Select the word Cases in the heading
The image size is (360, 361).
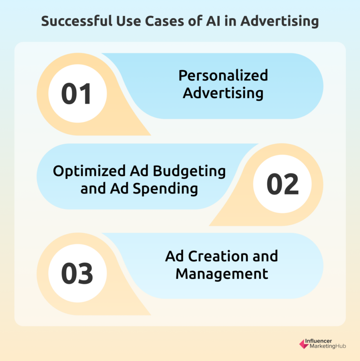164,21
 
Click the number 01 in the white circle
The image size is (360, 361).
76,94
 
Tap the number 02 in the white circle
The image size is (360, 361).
283,184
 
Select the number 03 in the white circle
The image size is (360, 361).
77,273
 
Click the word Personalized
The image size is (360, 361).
223,75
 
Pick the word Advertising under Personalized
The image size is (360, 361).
223,93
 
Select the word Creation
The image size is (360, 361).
219,256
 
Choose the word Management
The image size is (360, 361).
222,274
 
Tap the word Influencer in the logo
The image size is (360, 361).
318,341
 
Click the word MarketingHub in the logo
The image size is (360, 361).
328,346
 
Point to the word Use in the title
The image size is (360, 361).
129,21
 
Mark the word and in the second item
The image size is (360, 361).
93,189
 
